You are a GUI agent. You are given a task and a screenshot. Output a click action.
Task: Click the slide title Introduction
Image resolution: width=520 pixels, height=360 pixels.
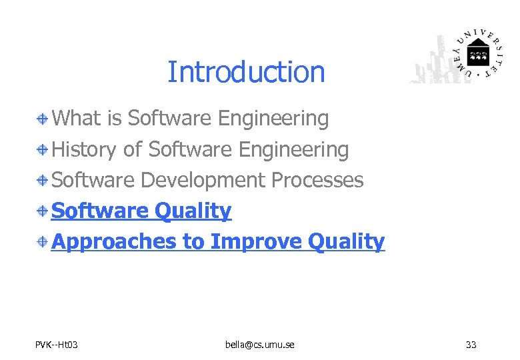pyautogui.click(x=246, y=72)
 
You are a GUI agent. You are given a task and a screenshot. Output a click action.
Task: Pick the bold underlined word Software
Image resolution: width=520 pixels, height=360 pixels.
pyautogui.click(x=100, y=211)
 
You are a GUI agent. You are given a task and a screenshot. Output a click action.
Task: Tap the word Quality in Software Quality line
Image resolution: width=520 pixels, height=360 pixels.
pyautogui.click(x=193, y=211)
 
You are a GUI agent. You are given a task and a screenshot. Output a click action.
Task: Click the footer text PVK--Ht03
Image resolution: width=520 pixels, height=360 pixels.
pyautogui.click(x=57, y=345)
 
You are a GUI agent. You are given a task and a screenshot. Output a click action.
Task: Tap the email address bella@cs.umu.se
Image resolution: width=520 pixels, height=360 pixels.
pyautogui.click(x=260, y=345)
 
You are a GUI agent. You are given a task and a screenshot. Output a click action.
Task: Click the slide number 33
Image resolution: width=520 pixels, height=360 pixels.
pyautogui.click(x=471, y=345)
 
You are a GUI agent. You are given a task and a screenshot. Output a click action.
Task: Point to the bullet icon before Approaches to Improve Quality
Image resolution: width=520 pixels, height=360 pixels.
pyautogui.click(x=42, y=242)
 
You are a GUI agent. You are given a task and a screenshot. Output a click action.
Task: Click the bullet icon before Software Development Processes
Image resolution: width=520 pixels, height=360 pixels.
pyautogui.click(x=42, y=181)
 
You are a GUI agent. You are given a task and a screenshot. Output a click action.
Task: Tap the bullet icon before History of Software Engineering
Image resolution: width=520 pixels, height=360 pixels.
pyautogui.click(x=42, y=150)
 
